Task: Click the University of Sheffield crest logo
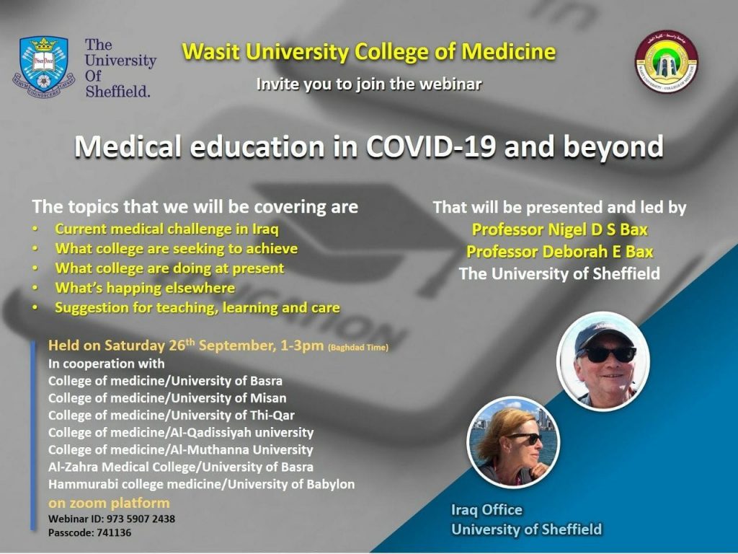coord(44,64)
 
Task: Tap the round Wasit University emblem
coord(667,61)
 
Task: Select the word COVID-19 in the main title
coord(431,146)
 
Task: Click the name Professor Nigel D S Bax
coord(559,229)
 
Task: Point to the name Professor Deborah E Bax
coord(559,252)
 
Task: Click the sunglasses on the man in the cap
coord(610,353)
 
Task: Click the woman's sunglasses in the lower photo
coord(526,438)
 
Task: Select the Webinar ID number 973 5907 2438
coord(141,519)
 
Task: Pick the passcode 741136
coord(115,533)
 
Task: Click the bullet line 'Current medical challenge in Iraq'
coord(166,229)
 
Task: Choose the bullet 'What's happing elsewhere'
coord(145,288)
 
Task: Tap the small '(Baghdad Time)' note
coord(358,348)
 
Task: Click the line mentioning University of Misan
coord(167,398)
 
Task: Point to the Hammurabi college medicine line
coord(202,484)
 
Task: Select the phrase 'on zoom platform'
coord(109,503)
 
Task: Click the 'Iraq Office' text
coord(486,510)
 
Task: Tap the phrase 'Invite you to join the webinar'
coord(369,84)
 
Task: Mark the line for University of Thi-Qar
coord(172,415)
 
